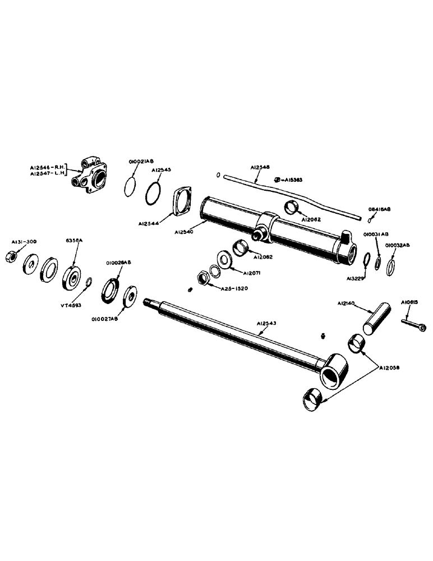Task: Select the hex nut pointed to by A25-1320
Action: pyautogui.click(x=202, y=277)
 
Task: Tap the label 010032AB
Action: pyautogui.click(x=398, y=245)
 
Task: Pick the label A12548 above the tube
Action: pyautogui.click(x=260, y=167)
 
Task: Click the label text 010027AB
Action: pyautogui.click(x=104, y=320)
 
